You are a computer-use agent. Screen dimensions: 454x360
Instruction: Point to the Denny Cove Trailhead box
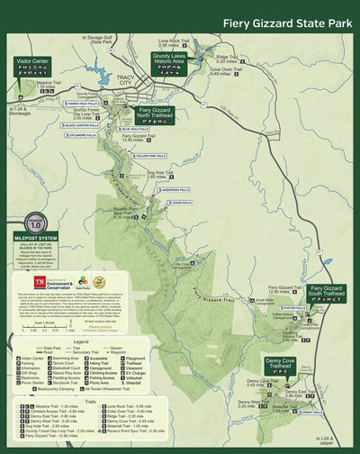[x=286, y=365]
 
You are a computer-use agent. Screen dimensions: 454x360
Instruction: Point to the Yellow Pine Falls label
[x=149, y=156]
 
